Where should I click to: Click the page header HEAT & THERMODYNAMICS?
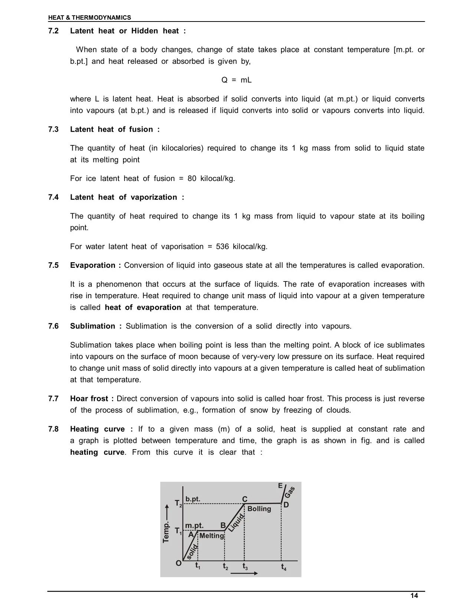89,17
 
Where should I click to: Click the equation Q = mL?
236,80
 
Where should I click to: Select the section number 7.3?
53,129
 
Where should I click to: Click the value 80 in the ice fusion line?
192,179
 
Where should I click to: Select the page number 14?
414,596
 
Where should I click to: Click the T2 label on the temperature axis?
178,504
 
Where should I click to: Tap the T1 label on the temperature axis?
178,531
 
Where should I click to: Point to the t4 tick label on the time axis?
283,567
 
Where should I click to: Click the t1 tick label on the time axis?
198,566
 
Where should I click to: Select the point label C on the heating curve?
245,499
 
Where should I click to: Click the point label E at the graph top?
280,486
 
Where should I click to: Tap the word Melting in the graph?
211,536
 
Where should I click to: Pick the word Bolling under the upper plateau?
259,509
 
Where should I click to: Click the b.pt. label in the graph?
193,499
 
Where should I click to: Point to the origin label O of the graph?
178,563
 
